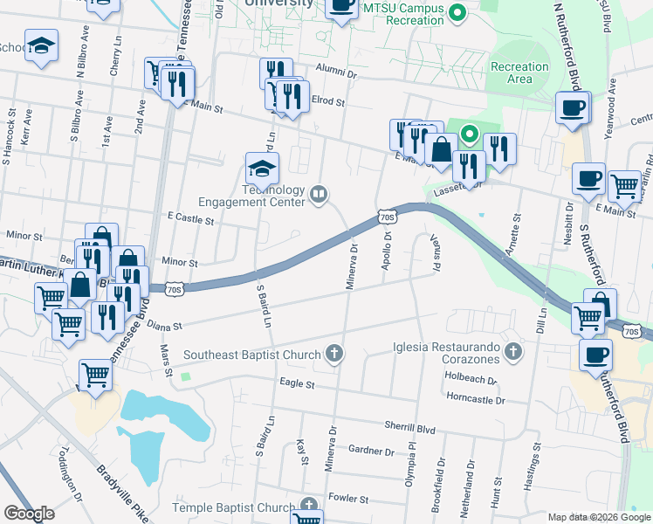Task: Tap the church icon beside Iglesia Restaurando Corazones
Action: tap(513, 353)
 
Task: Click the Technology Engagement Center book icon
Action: tap(319, 194)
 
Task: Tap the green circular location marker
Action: tap(470, 134)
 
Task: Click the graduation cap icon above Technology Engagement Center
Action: tap(262, 166)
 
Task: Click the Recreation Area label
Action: tap(519, 72)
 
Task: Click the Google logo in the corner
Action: tap(29, 513)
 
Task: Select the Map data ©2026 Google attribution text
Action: tap(598, 517)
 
